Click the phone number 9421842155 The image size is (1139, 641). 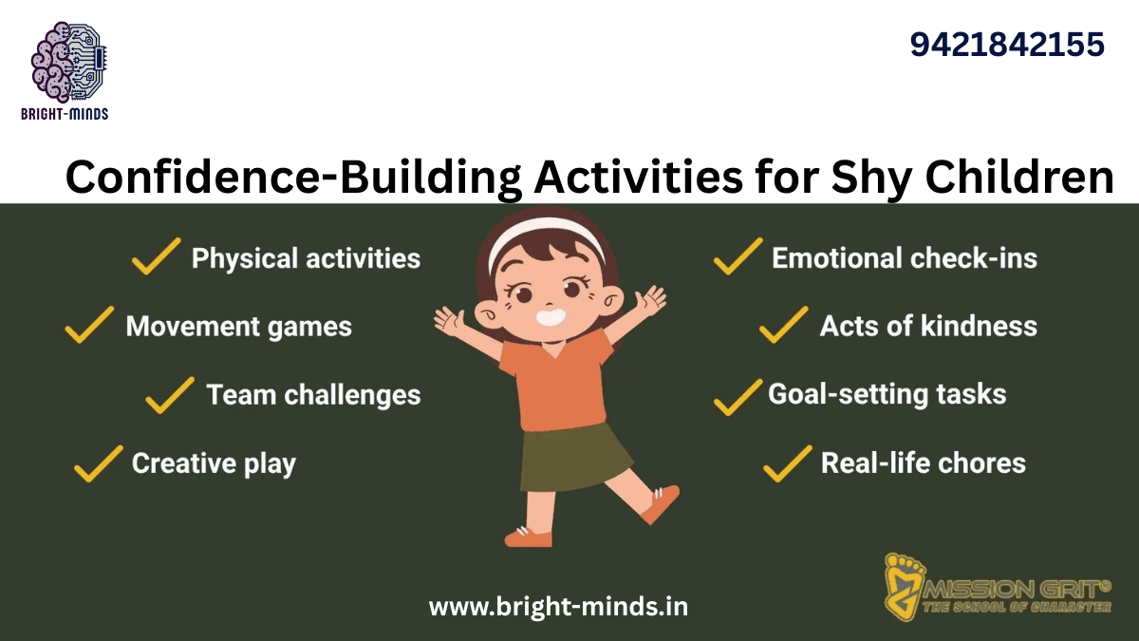point(1007,45)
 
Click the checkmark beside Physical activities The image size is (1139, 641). point(157,256)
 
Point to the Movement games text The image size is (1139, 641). point(238,327)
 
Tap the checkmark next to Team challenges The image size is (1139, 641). point(170,394)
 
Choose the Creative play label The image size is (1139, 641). point(214,463)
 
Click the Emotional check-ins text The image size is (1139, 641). point(904,257)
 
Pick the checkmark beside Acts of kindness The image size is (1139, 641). point(783,325)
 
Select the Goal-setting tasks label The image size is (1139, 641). point(887,393)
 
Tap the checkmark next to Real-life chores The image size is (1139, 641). point(787,462)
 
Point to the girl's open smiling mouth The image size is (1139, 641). point(551,316)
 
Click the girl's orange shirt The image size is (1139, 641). point(555,380)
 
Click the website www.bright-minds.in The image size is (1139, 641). point(558,606)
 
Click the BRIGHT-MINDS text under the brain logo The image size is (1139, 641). point(65,114)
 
